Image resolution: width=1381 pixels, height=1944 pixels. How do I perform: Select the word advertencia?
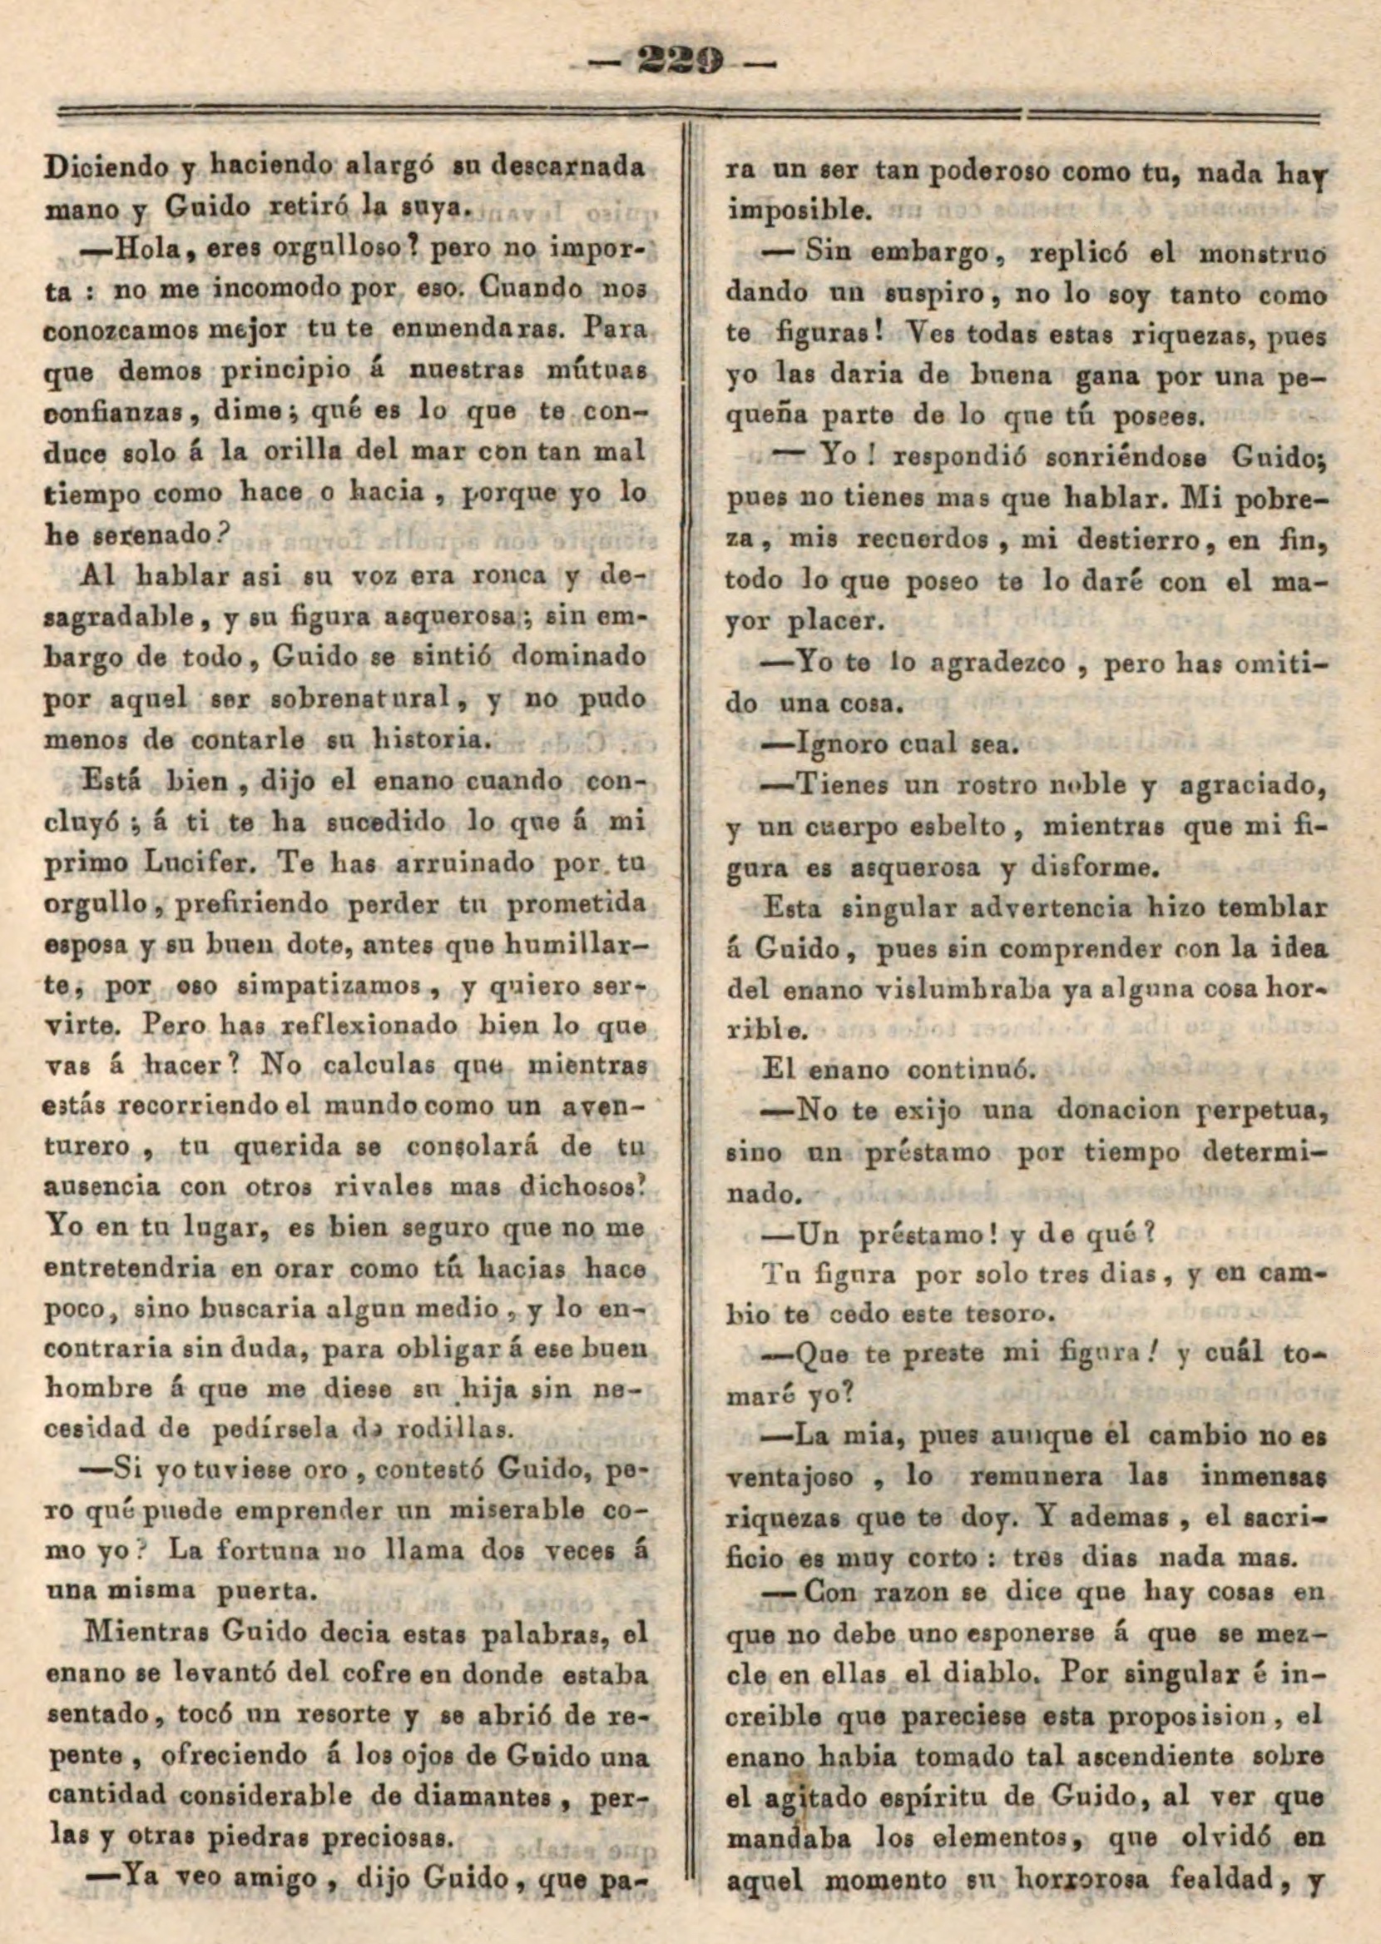tap(1030, 907)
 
